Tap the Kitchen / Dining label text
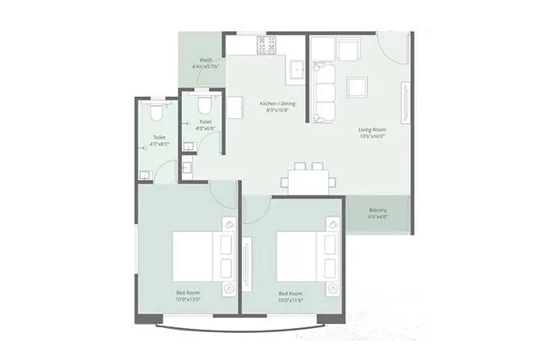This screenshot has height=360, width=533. [275, 103]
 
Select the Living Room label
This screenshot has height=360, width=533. [371, 130]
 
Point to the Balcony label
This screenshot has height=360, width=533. [377, 210]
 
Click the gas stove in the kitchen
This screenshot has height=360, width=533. [267, 44]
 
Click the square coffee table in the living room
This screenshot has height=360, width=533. [358, 86]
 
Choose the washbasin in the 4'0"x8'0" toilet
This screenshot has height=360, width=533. [145, 174]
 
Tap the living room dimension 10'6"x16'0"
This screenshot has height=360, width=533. [371, 138]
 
